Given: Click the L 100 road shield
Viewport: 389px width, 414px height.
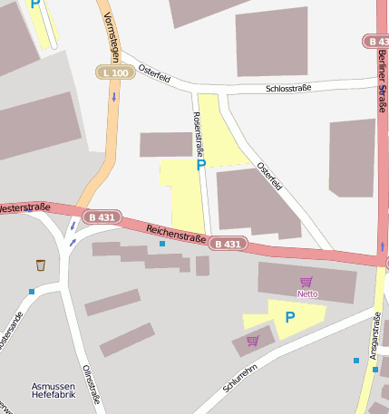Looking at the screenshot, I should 115,72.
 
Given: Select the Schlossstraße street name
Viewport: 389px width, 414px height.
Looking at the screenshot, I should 288,88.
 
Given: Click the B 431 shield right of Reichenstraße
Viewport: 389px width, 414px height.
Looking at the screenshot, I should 228,244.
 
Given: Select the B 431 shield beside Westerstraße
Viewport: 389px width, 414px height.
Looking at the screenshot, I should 102,217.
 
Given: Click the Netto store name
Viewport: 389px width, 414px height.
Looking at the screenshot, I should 307,294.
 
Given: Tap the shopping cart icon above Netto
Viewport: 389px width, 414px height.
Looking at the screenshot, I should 306,282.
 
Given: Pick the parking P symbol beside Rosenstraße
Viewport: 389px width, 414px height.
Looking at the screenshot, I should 200,165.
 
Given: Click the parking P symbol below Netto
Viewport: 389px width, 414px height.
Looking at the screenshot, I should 290,317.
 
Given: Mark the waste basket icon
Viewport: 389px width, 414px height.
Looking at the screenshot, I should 41,265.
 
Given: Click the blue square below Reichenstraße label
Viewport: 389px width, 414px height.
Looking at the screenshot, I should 162,244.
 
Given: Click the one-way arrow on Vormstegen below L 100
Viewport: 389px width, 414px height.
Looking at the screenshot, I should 114,96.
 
